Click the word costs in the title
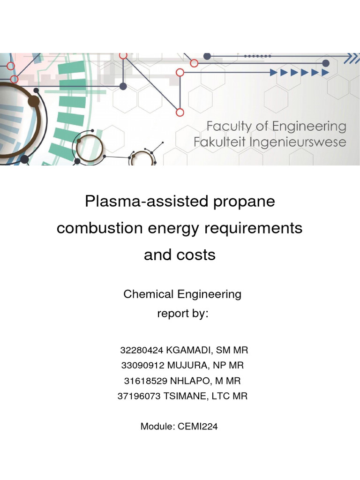coord(196,255)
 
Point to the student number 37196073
coord(139,396)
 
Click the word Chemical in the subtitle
coord(149,294)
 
